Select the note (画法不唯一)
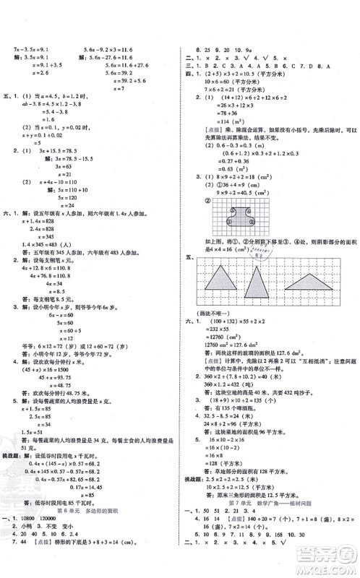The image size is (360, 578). click(x=202, y=311)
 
